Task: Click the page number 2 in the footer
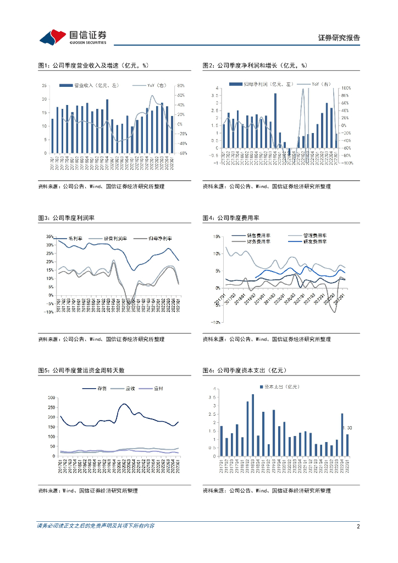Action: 357,526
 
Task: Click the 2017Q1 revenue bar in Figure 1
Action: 53,136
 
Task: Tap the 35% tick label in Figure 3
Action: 49,237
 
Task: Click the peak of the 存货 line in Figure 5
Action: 123,404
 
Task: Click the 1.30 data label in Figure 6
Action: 347,428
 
